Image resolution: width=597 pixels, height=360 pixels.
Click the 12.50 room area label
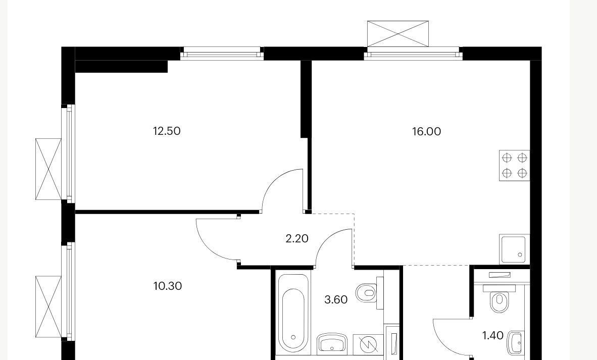(x=167, y=131)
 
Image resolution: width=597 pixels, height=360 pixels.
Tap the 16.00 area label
(x=426, y=132)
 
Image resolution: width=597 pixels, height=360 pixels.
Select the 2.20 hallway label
(x=297, y=239)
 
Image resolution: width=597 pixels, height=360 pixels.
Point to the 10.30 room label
(x=168, y=286)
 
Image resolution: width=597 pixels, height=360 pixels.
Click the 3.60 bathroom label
(x=336, y=300)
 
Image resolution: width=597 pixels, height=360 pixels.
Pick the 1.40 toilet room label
(x=493, y=336)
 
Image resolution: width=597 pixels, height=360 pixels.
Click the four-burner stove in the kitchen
(x=514, y=165)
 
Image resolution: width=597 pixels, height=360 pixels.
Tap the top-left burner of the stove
(x=507, y=158)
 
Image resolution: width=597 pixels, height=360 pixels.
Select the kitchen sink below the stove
(x=514, y=249)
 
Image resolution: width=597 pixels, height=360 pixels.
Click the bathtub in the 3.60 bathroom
(x=292, y=315)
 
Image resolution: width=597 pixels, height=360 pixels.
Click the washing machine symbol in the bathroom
(x=368, y=344)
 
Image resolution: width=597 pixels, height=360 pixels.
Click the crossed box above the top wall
(x=398, y=34)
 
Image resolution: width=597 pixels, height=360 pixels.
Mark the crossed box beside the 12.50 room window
(x=48, y=169)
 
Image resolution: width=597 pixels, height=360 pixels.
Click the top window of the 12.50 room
(x=222, y=54)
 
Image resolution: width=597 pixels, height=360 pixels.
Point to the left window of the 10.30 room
(x=69, y=292)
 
